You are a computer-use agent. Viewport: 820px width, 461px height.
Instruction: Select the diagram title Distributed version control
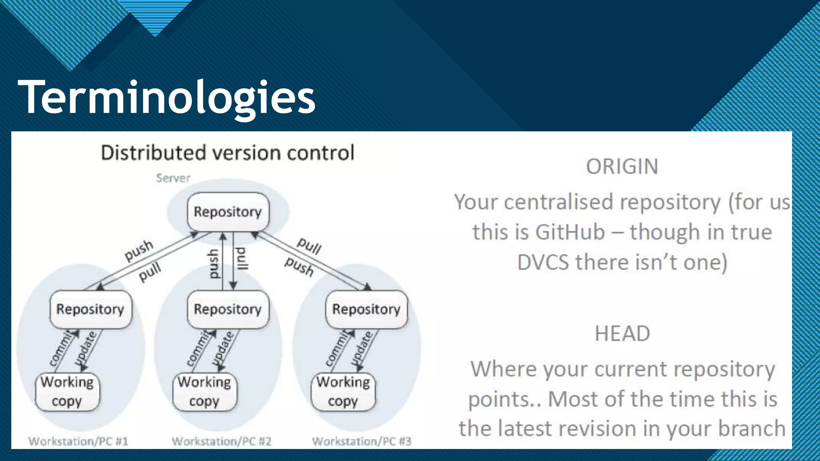227,153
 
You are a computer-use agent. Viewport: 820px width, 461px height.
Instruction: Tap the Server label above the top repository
173,178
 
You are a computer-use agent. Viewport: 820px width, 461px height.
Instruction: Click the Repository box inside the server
228,212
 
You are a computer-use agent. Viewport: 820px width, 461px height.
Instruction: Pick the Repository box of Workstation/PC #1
90,309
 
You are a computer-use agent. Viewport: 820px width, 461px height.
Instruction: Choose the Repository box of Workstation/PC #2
228,309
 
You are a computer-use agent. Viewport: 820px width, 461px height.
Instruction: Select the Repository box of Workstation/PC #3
366,309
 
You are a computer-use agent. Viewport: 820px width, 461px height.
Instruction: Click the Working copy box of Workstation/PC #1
67,392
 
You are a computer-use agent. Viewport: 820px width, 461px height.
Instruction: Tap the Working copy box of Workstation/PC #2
205,392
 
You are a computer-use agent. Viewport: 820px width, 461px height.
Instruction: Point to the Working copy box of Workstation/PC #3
343,392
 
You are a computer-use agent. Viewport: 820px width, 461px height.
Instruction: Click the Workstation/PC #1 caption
78,441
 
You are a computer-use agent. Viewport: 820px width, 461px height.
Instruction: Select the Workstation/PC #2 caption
221,441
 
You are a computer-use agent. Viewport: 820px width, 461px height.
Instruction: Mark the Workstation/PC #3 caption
362,441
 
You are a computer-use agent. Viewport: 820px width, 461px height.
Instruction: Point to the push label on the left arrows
139,250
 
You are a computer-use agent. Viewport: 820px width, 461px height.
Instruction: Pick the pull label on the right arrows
309,245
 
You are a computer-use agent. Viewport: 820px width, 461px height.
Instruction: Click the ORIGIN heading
622,166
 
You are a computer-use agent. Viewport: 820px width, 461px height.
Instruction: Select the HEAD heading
622,333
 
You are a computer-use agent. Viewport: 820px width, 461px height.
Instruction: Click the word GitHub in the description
570,232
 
